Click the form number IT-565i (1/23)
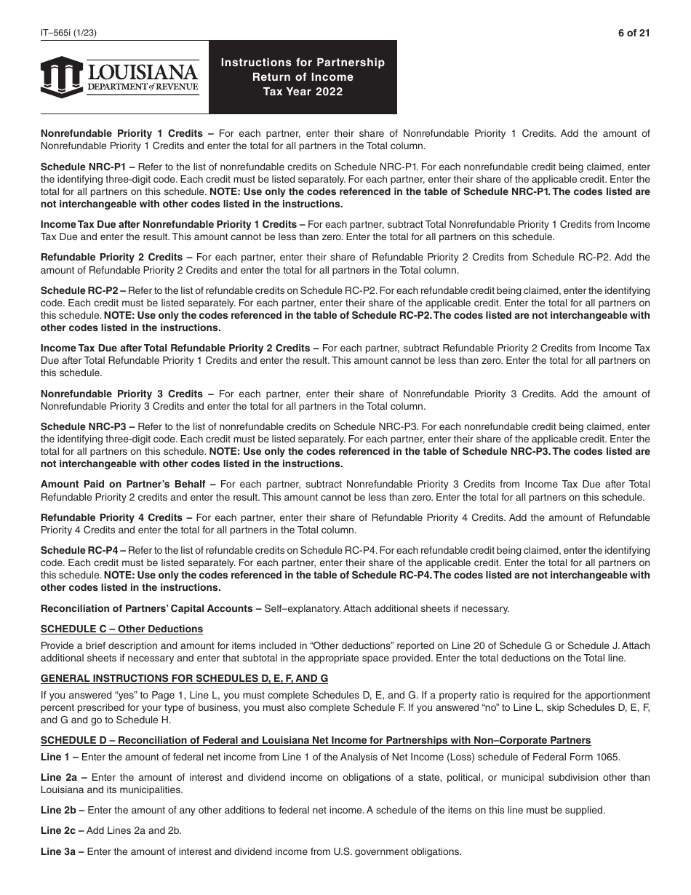tap(65, 32)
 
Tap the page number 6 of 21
tap(633, 32)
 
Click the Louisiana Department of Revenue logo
tap(119, 77)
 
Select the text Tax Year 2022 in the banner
tap(303, 92)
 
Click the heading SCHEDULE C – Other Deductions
tap(121, 629)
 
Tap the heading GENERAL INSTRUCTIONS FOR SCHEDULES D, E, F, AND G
tap(184, 678)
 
